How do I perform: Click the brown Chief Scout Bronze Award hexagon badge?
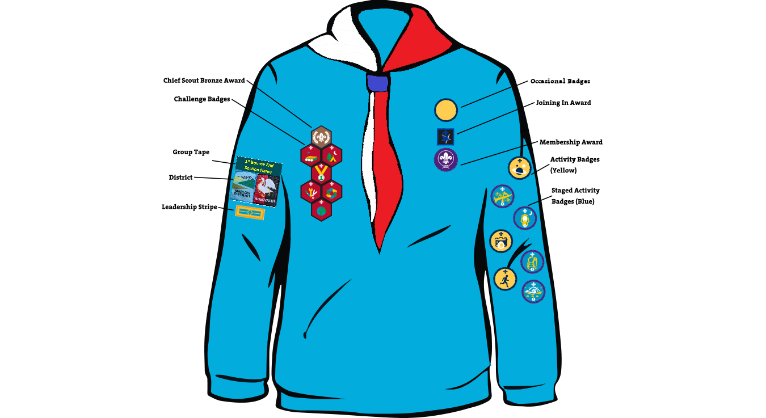(321, 137)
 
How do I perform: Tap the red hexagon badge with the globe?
(321, 210)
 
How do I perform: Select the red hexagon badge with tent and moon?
(332, 155)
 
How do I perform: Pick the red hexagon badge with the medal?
(321, 173)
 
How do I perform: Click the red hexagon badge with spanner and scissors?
(311, 192)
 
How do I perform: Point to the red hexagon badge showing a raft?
(311, 155)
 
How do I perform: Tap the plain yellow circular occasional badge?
(446, 110)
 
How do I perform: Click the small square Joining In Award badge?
(445, 137)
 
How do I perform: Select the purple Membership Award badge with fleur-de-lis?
(446, 160)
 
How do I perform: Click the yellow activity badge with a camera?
(501, 241)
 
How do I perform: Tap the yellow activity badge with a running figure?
(505, 278)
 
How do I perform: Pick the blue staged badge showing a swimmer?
(533, 292)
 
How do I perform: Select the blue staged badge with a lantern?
(525, 218)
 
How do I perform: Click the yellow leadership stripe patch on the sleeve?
(250, 212)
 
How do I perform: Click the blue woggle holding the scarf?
(377, 83)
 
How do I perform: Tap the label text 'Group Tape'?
(191, 152)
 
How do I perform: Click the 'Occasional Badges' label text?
(560, 81)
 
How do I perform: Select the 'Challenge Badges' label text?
(202, 99)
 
